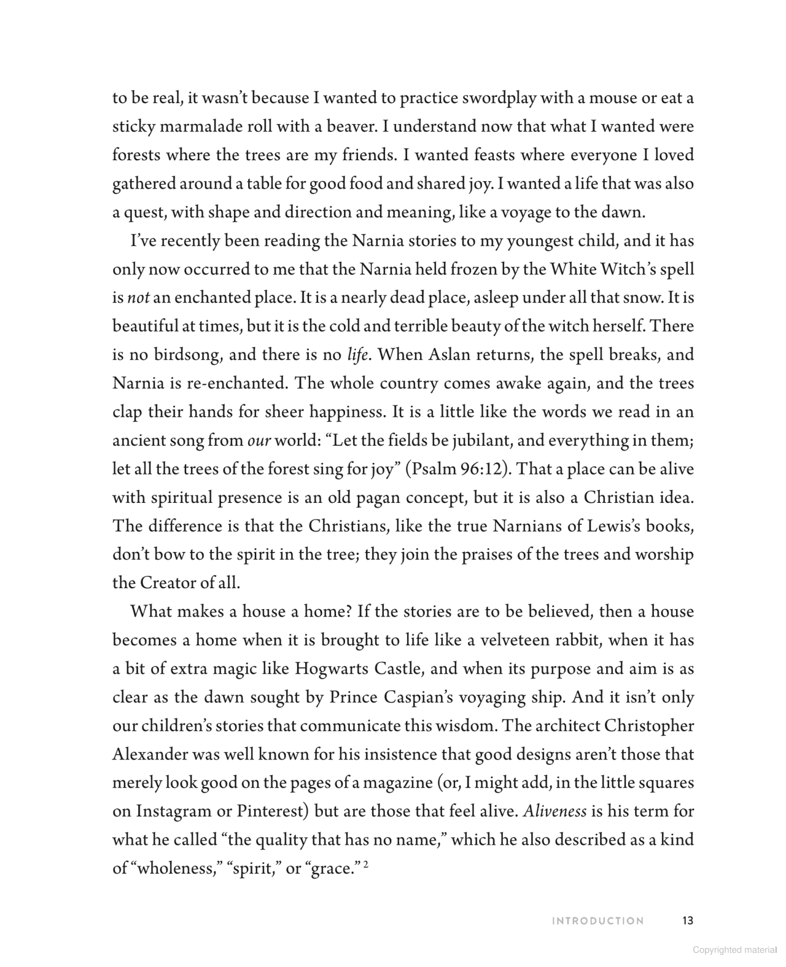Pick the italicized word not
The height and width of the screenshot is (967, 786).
pyautogui.click(x=138, y=298)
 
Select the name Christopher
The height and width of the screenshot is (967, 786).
pyautogui.click(x=649, y=726)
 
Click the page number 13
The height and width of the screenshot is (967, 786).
pyautogui.click(x=687, y=920)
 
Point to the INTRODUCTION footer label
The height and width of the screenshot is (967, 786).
pyautogui.click(x=598, y=921)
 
